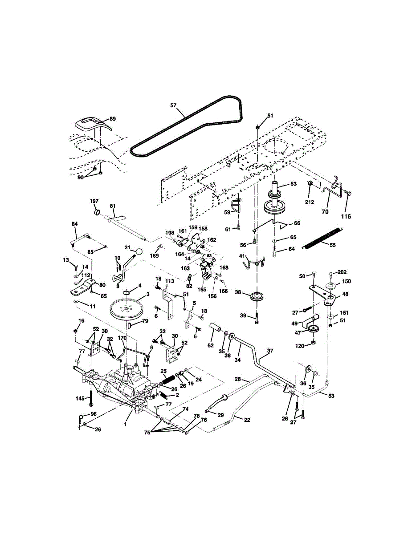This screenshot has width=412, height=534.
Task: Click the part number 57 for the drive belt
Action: pyautogui.click(x=173, y=105)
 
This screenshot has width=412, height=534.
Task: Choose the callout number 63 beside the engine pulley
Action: pyautogui.click(x=294, y=184)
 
